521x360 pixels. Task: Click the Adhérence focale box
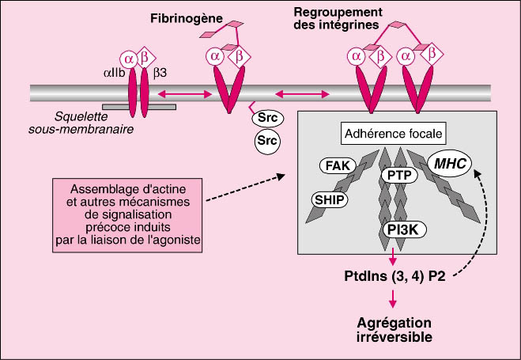point(395,134)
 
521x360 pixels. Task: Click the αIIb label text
point(114,73)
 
